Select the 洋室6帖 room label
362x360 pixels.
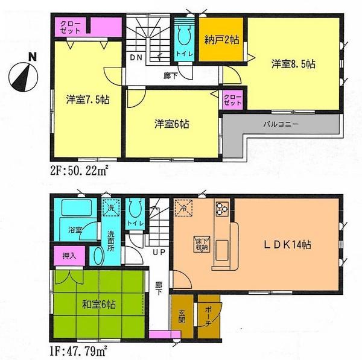point(171,125)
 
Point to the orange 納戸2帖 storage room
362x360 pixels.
point(223,41)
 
